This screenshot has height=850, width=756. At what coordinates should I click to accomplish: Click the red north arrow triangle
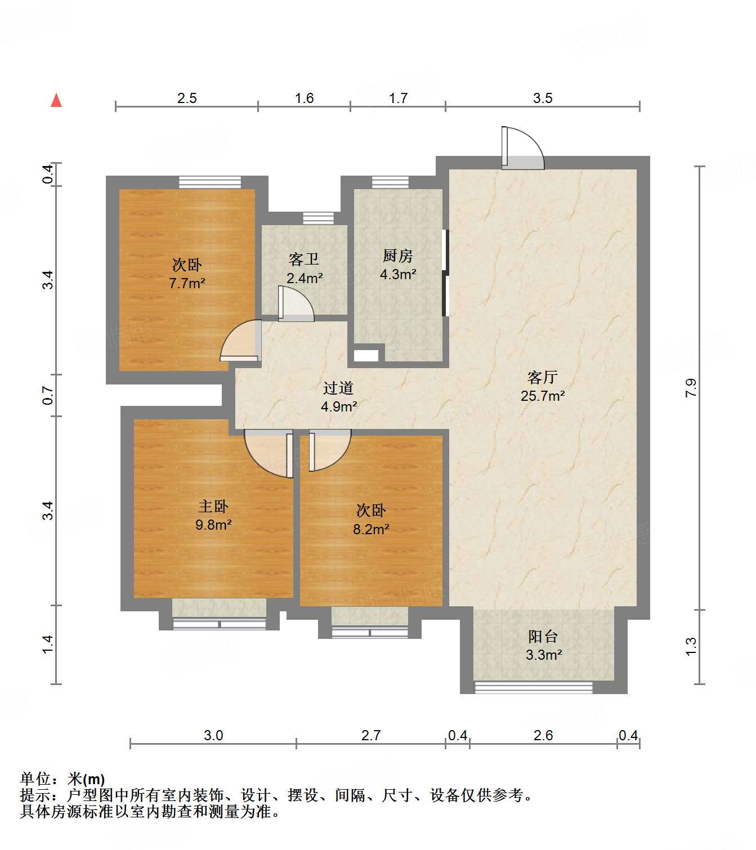56,101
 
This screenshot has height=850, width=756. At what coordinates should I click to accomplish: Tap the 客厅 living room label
542,377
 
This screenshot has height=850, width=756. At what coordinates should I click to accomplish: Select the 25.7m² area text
542,396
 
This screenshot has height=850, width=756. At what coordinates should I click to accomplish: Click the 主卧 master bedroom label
213,506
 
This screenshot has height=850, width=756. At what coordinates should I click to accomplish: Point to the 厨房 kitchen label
397,256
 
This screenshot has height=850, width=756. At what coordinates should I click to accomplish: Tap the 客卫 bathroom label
304,260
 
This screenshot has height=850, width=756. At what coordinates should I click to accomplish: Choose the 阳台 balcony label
543,637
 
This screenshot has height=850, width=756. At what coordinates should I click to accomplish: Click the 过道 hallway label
338,388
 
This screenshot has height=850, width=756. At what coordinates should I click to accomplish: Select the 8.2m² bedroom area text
371,529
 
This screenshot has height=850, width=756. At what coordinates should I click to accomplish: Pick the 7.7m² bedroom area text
187,283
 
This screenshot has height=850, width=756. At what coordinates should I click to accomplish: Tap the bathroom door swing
295,305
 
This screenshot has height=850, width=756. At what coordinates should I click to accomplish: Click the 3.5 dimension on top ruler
543,99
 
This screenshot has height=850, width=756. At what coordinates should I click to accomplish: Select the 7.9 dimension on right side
691,388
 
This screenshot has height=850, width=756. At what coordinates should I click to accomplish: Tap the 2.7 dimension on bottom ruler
371,735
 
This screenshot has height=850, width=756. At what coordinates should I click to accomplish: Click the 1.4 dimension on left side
48,644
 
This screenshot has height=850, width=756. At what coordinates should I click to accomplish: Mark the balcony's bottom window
534,687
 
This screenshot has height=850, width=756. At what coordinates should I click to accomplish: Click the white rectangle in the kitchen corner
366,356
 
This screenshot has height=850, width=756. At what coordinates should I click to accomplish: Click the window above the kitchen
390,182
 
